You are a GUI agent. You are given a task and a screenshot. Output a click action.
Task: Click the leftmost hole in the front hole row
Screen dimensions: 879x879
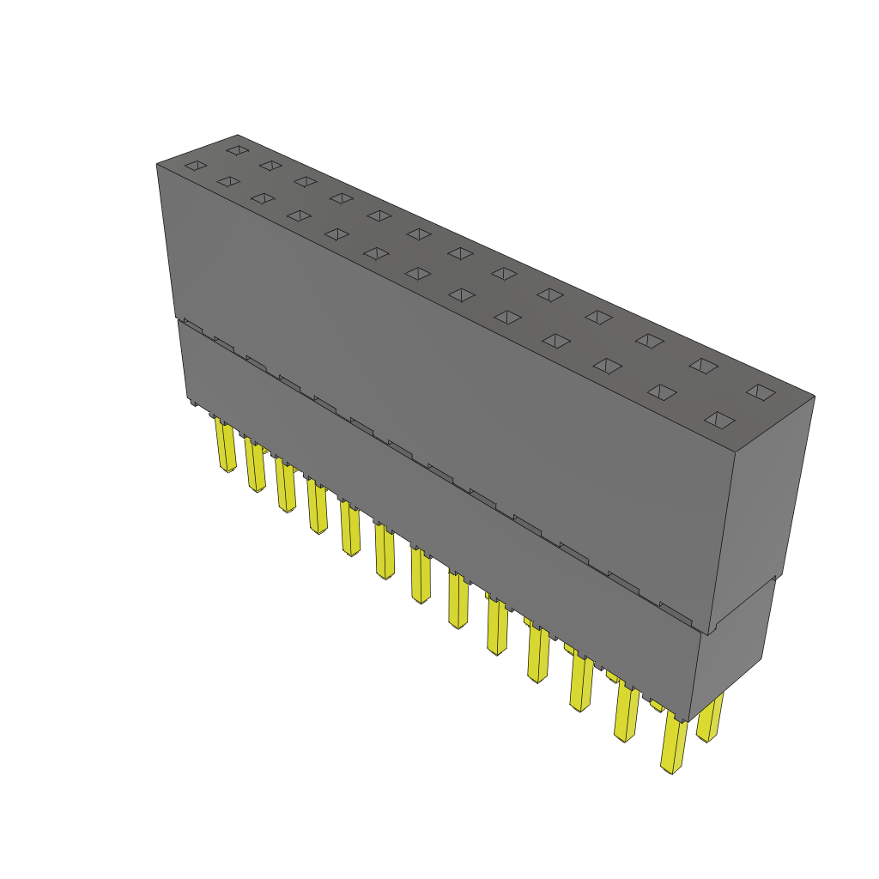tap(197, 165)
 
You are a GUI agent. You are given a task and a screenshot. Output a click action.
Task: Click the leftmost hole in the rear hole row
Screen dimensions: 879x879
tap(236, 150)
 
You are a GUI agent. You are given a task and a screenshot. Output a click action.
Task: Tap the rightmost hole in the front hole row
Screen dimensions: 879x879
tap(719, 420)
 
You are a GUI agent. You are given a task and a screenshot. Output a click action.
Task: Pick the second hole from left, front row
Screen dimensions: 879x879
tap(228, 181)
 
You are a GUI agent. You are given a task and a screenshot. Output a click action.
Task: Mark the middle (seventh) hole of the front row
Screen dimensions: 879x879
tap(417, 273)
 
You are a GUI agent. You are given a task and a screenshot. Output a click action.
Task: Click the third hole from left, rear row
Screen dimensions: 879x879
tap(305, 180)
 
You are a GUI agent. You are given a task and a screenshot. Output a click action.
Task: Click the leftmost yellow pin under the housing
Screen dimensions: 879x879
tap(226, 446)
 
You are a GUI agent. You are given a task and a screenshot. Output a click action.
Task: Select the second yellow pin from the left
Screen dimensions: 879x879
tap(256, 466)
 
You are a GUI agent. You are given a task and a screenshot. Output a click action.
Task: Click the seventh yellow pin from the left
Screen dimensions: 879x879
tap(421, 577)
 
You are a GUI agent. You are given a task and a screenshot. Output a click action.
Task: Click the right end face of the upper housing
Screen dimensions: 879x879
tap(763, 506)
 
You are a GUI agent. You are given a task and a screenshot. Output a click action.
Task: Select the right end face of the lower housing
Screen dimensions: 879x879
tap(730, 652)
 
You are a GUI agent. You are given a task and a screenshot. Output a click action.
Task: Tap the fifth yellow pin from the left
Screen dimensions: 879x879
tap(350, 530)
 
